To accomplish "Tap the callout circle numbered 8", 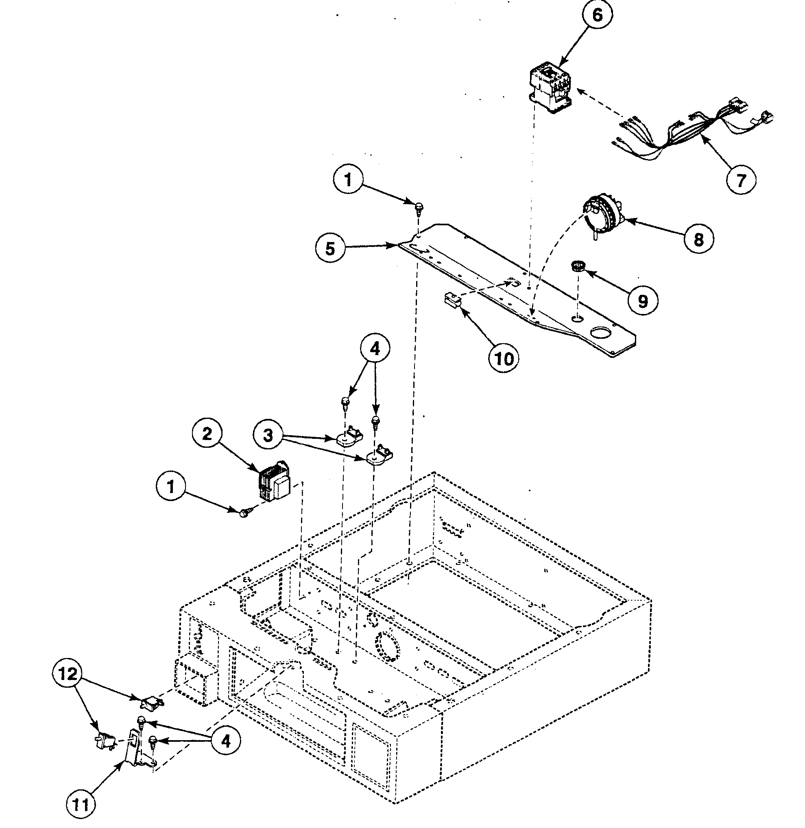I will click(x=698, y=240).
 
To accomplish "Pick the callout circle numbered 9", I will click(x=642, y=301).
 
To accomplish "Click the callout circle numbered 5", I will click(x=330, y=248).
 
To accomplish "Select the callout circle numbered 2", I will click(x=207, y=434).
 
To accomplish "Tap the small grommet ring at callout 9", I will click(x=577, y=266).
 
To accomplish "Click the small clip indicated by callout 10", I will click(x=452, y=301).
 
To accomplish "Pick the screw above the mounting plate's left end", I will click(x=419, y=207).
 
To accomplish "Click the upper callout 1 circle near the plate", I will click(x=348, y=181).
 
